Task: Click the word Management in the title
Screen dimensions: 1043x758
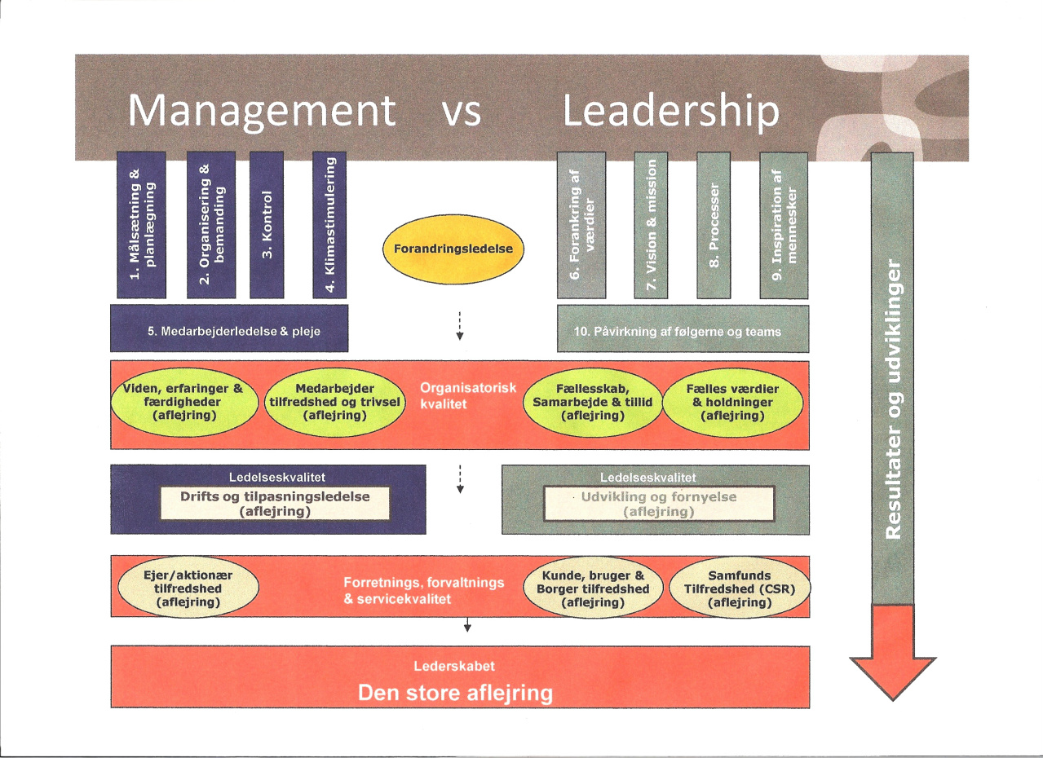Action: tap(262, 112)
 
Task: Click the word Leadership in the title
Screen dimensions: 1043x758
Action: tap(671, 111)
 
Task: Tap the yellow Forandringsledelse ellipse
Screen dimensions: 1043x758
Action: tap(453, 249)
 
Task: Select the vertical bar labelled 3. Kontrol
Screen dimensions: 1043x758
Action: tap(267, 225)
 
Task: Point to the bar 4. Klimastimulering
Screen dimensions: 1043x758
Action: tap(329, 225)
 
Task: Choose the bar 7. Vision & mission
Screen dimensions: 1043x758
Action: tap(651, 225)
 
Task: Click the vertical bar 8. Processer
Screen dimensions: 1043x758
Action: tap(714, 225)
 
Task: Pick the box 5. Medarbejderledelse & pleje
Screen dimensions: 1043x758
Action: tap(229, 328)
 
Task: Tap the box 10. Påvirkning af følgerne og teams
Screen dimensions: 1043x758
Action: tap(683, 329)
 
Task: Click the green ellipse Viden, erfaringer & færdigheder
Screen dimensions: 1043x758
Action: tap(184, 402)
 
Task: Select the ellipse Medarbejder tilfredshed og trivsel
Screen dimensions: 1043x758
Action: tap(335, 402)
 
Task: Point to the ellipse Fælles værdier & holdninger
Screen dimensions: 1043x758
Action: tap(733, 403)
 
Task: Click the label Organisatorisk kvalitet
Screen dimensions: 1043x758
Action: tap(468, 396)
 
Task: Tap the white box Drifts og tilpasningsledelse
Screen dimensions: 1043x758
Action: tap(275, 504)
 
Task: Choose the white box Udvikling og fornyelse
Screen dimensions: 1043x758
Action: tap(659, 504)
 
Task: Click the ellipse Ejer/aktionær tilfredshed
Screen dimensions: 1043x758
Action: tap(188, 588)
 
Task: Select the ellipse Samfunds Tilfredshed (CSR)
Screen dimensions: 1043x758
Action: tap(740, 588)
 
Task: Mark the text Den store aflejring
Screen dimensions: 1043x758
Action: tap(455, 693)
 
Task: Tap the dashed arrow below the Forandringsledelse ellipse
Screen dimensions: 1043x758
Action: tap(460, 326)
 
